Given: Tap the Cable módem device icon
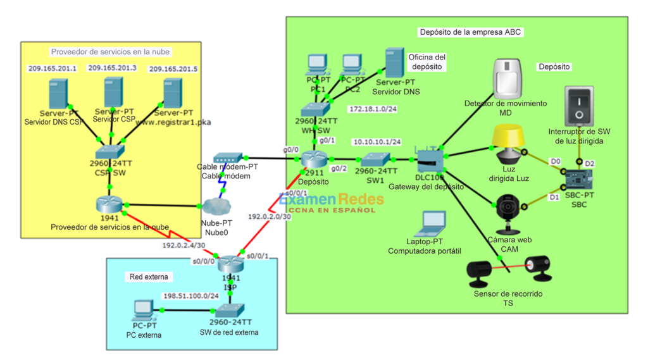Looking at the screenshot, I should tap(225, 158).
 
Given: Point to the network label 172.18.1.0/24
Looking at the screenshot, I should tap(373, 109).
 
